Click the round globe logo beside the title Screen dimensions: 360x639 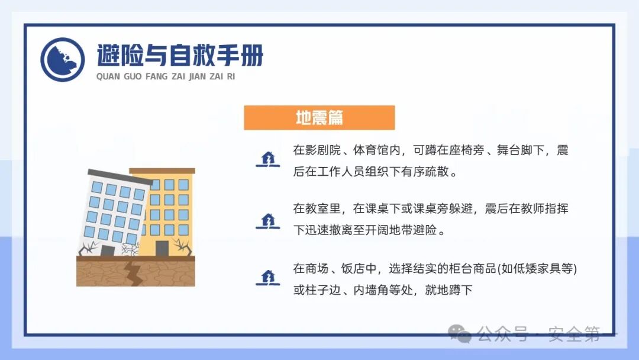click(x=63, y=60)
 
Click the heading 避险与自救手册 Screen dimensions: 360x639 click(x=180, y=56)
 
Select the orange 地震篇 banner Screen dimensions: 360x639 click(x=319, y=118)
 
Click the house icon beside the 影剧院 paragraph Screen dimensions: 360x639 click(x=267, y=159)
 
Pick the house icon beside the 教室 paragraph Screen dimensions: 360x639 click(x=267, y=220)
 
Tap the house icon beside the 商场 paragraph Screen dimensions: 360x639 click(x=267, y=277)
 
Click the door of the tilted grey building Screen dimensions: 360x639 click(x=108, y=250)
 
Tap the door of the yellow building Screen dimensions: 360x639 click(x=162, y=249)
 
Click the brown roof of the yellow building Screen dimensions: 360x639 click(x=163, y=171)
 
